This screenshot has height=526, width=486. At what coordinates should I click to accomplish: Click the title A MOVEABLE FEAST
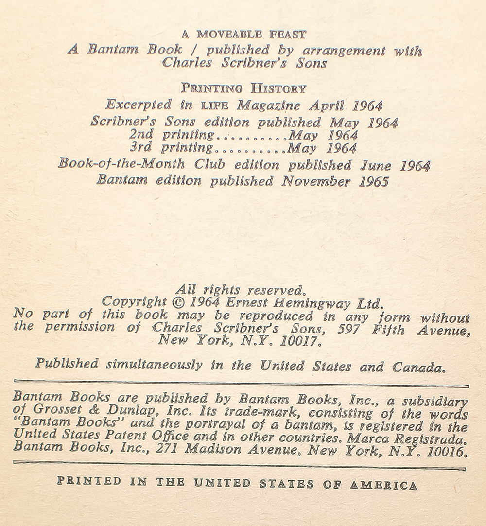click(x=244, y=34)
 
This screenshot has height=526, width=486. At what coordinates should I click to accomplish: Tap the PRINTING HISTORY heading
click(x=243, y=88)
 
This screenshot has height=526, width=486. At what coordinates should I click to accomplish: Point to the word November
click(x=312, y=182)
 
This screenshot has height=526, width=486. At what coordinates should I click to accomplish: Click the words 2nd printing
click(x=172, y=135)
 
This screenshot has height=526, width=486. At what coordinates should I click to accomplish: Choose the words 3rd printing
click(x=172, y=148)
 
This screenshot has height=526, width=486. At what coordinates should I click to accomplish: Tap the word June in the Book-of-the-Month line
click(x=377, y=165)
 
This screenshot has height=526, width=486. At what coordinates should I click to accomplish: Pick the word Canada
click(x=420, y=368)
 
